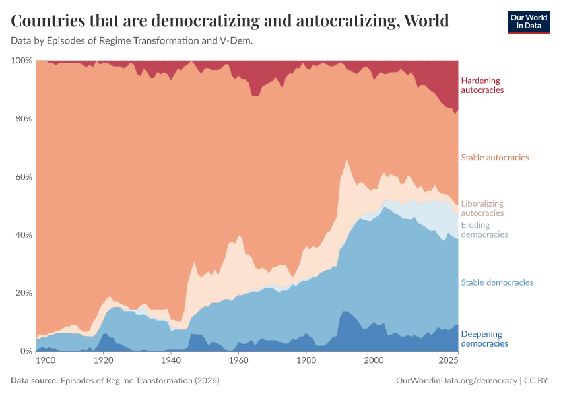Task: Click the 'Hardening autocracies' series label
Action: point(482,85)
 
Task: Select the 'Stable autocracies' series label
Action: point(495,158)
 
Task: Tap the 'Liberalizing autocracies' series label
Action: point(482,208)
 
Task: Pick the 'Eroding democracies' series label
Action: point(484,230)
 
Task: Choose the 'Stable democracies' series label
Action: point(497,282)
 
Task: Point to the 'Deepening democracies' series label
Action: point(484,339)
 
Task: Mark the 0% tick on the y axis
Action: point(25,351)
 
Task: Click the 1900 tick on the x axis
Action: point(46,361)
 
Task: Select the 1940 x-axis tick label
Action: point(170,361)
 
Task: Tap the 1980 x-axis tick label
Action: point(306,361)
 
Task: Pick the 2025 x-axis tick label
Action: point(449,361)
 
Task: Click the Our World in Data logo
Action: point(529,22)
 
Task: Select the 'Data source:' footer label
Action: point(34,381)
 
